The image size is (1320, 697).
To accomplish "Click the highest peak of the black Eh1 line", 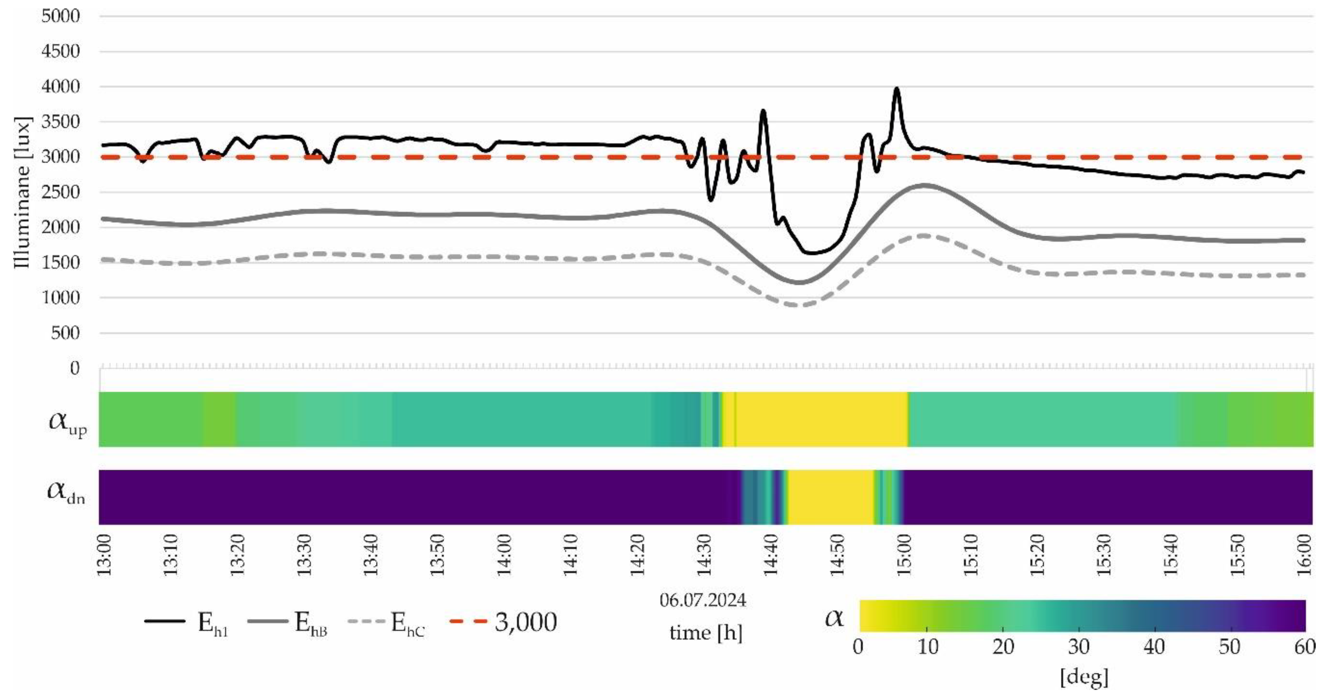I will point(896,89).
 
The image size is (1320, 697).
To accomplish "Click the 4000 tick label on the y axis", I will point(60,87).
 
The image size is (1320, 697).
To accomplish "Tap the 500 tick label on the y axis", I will point(66,333).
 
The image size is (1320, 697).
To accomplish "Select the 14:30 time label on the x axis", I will point(705,555).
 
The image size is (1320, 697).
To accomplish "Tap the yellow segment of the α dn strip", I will point(830,497).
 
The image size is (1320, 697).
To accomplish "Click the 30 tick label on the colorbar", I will point(1078,647).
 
